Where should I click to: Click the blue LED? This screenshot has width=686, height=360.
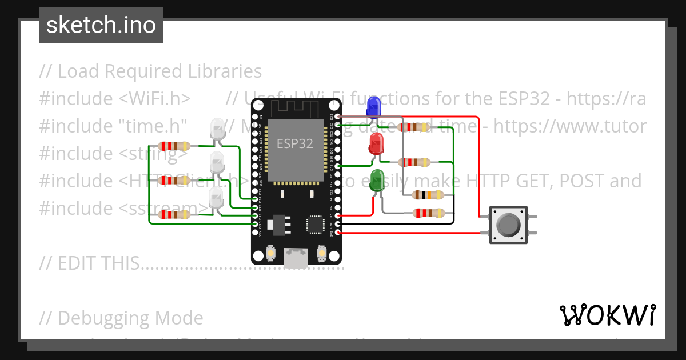tap(373, 107)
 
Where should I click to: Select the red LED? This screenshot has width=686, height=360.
tap(376, 143)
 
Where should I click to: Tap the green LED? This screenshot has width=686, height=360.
tap(377, 179)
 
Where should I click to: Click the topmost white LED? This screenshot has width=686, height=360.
tap(218, 129)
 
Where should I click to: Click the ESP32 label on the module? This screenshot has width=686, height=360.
tap(295, 143)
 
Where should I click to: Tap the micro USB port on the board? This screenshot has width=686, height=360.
tap(296, 257)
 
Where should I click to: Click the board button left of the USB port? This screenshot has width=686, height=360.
tap(271, 252)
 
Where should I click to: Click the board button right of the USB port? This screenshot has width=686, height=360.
tap(321, 252)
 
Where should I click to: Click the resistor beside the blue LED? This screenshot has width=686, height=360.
tap(414, 127)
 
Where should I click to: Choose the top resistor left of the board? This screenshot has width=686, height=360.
tap(173, 146)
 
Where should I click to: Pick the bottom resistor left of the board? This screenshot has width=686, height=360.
tap(173, 215)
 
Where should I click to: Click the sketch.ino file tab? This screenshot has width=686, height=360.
tap(101, 25)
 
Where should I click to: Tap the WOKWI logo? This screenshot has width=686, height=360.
tap(607, 315)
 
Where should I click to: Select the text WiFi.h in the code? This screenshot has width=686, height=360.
tap(154, 98)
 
